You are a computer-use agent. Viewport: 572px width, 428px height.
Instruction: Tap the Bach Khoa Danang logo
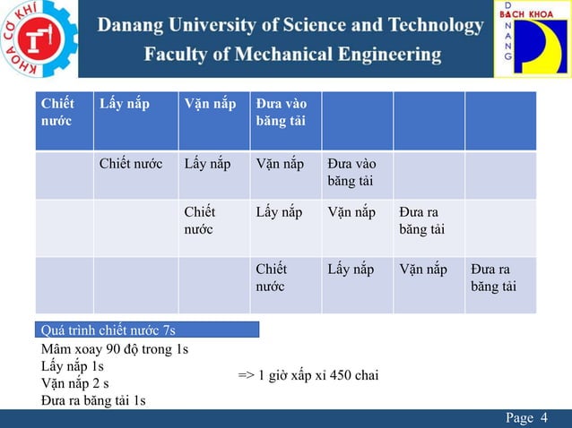click(533, 39)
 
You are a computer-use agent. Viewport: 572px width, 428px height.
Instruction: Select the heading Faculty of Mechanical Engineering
click(293, 55)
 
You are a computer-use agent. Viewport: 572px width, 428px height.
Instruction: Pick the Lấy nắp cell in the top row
click(125, 104)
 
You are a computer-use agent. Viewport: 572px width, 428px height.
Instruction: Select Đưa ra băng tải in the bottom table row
click(492, 278)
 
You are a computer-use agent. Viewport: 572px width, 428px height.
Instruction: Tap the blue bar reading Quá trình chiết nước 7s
click(148, 330)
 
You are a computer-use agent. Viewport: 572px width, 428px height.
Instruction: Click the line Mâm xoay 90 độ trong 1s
click(115, 349)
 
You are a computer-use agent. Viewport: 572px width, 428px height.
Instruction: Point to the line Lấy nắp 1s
click(73, 366)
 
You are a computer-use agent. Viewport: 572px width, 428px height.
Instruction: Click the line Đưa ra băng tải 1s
click(93, 400)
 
